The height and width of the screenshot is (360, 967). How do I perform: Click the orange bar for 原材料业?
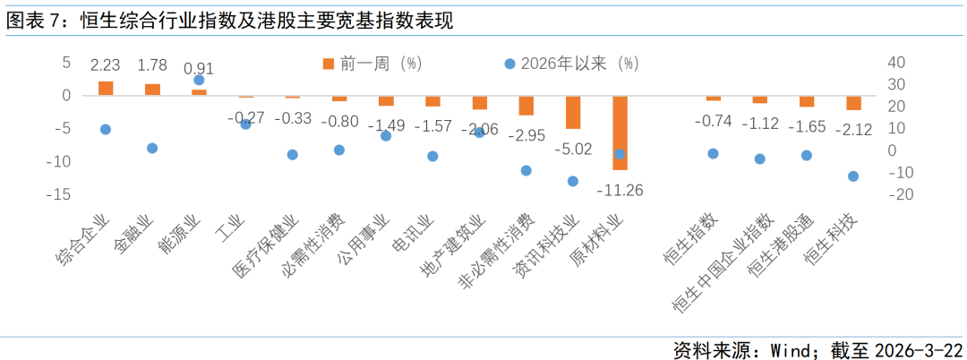(x=620, y=133)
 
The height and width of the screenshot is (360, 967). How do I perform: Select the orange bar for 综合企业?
(x=106, y=88)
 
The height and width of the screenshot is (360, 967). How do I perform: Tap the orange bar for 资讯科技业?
(x=573, y=112)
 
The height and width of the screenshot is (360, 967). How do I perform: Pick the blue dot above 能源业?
(x=199, y=80)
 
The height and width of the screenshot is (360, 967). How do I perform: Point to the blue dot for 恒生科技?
(x=853, y=176)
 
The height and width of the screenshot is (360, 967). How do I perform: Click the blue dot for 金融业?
(x=152, y=148)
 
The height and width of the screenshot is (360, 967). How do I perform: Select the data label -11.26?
(x=620, y=190)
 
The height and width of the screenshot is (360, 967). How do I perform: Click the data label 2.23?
(x=106, y=64)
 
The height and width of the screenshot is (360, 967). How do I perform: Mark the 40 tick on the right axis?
(x=896, y=62)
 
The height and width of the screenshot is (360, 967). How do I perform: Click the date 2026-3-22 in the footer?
(x=918, y=348)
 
